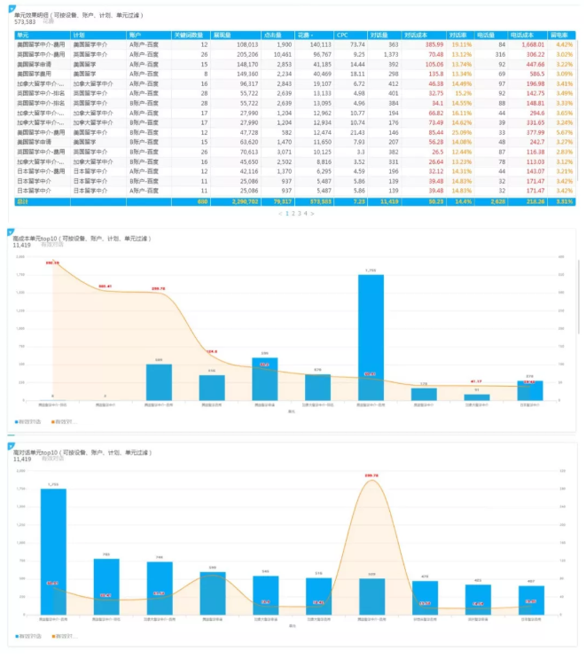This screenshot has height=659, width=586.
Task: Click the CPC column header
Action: point(341,35)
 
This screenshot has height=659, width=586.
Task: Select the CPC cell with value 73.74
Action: point(356,43)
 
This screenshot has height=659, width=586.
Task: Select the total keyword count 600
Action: point(202,201)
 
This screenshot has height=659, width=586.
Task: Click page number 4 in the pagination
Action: point(304,214)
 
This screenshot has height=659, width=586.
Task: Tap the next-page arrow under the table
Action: point(312,214)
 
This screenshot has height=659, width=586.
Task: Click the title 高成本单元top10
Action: point(44,239)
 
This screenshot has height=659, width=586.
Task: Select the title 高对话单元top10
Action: point(44,452)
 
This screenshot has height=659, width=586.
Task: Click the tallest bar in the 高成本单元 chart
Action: point(371,337)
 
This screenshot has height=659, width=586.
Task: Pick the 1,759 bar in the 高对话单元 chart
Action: point(53,550)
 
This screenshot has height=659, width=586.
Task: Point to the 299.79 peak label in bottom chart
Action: point(371,475)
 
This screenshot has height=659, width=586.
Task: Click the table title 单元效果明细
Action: point(35,15)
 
